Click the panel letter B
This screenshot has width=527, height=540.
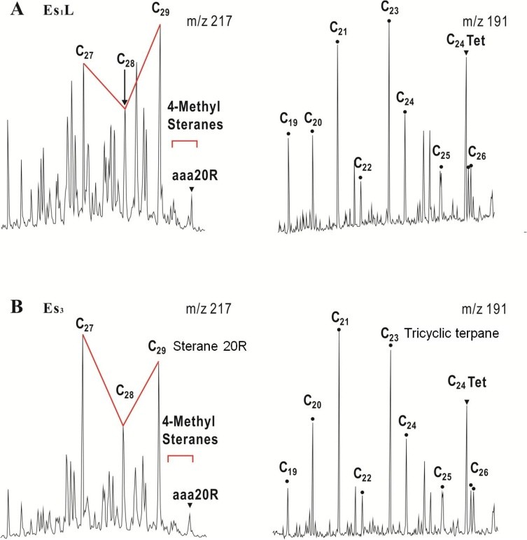tap(8, 305)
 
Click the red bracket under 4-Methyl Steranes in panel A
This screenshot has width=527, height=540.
tap(185, 142)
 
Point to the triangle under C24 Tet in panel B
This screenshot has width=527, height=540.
tap(466, 401)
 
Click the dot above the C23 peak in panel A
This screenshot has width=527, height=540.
tap(389, 20)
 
